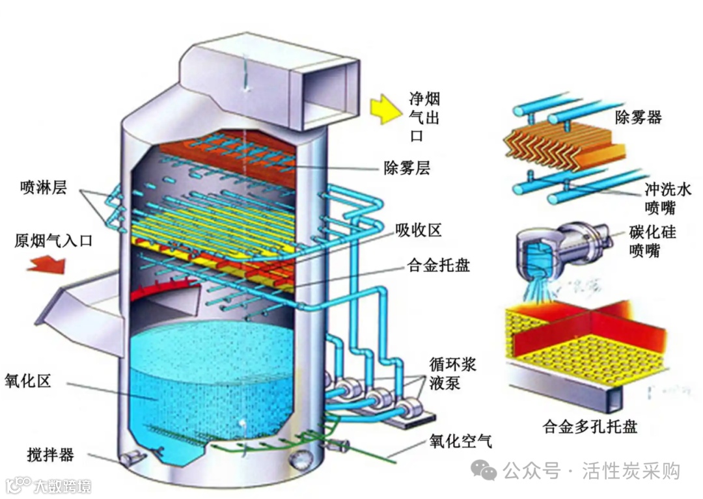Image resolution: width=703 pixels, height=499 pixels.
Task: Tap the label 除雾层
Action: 406,169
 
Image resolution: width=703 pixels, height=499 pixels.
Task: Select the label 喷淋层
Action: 45,189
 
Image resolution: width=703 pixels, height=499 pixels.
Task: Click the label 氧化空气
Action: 460,441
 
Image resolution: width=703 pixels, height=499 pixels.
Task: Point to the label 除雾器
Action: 638,117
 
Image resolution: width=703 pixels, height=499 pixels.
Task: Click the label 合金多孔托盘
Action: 590,427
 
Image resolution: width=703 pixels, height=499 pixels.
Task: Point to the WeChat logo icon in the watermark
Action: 484,470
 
